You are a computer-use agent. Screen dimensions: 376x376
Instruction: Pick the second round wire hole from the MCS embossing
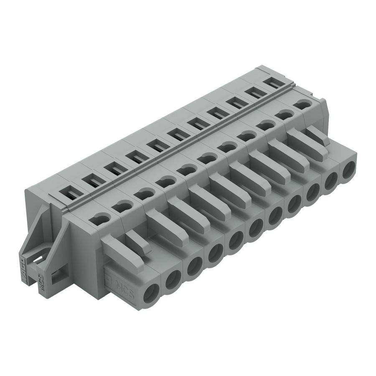pos(173,279)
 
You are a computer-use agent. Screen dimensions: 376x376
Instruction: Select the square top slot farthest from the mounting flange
pos(272,83)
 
